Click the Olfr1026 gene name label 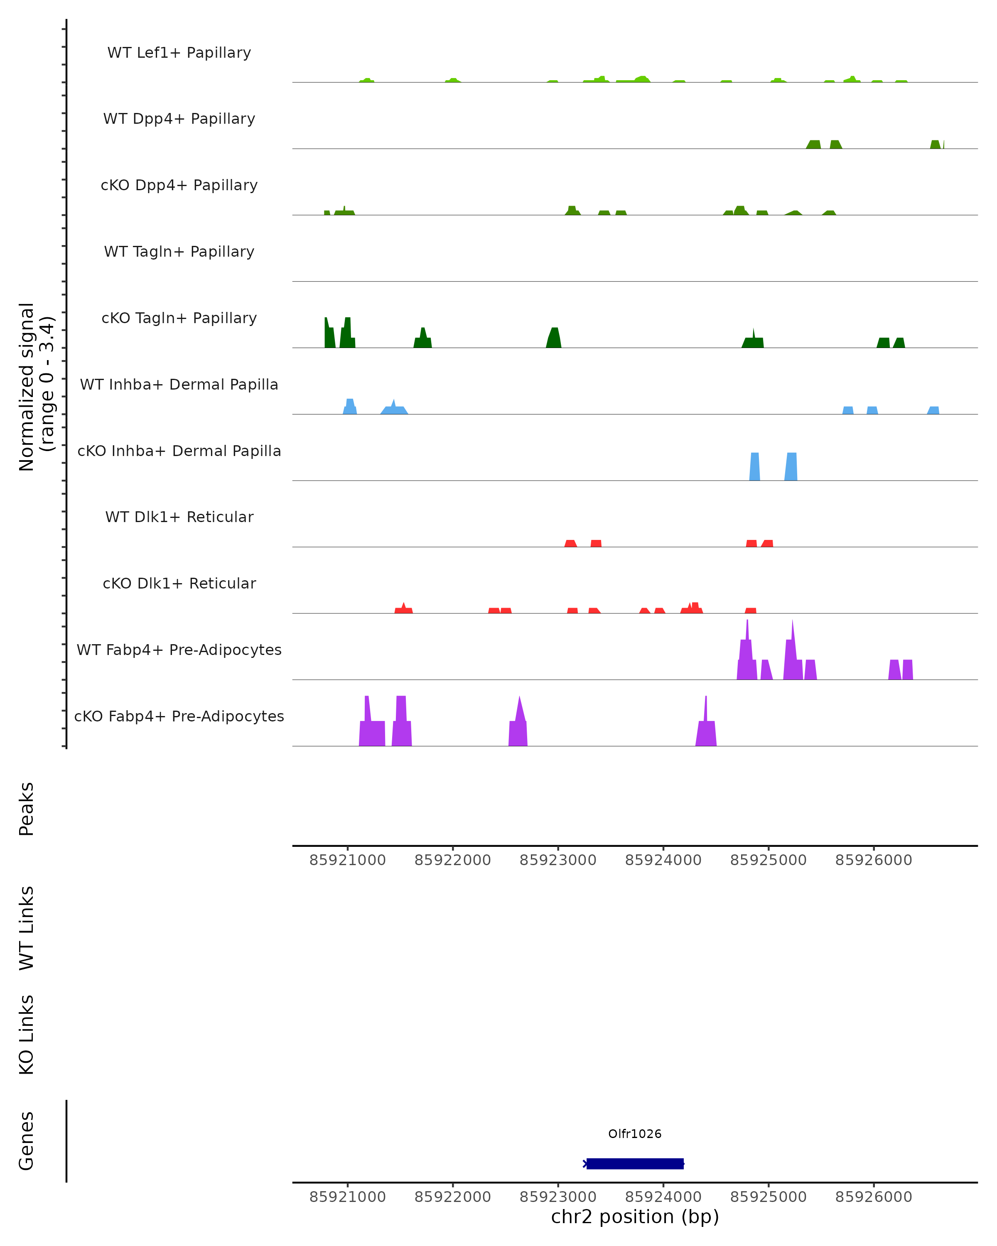pyautogui.click(x=635, y=1134)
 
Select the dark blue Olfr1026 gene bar pyautogui.click(x=635, y=1163)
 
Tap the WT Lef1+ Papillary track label pyautogui.click(x=179, y=53)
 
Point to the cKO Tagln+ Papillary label pyautogui.click(x=179, y=318)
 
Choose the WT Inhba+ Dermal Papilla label pyautogui.click(x=179, y=384)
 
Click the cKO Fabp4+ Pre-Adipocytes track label pyautogui.click(x=179, y=716)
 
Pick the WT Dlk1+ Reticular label pyautogui.click(x=179, y=517)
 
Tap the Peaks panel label pyautogui.click(x=27, y=809)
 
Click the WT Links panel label pyautogui.click(x=27, y=927)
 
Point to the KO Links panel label pyautogui.click(x=27, y=1035)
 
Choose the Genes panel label pyautogui.click(x=27, y=1141)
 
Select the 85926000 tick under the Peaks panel pyautogui.click(x=873, y=860)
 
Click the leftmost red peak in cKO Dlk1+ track pyautogui.click(x=403, y=609)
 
